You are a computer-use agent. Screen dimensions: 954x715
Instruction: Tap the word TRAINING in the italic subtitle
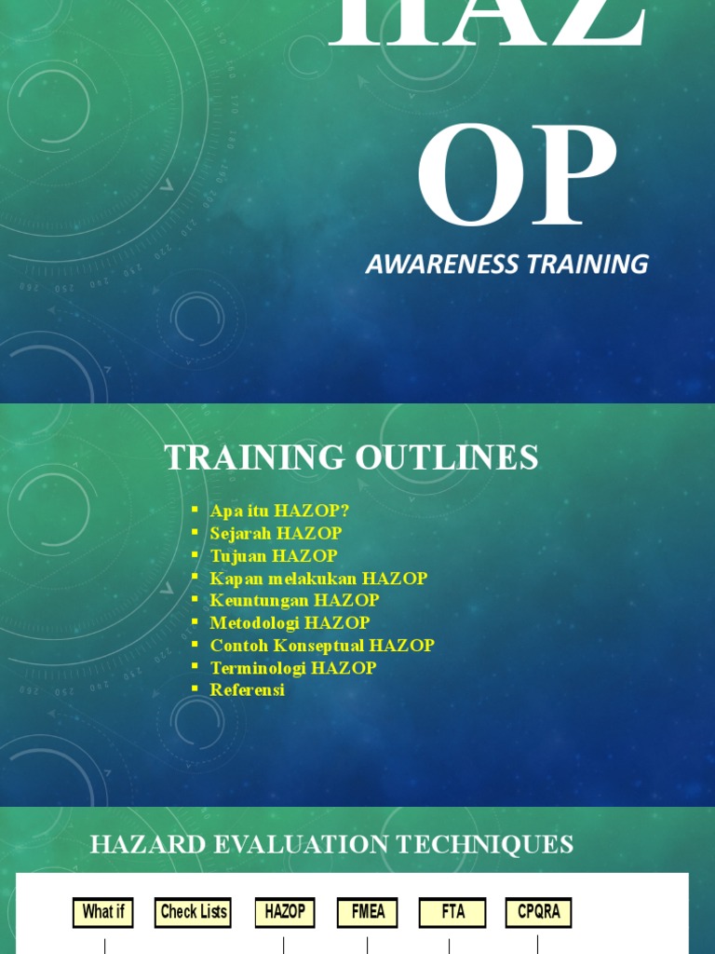tap(587, 265)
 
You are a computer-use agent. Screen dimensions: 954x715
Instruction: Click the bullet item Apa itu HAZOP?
tap(279, 511)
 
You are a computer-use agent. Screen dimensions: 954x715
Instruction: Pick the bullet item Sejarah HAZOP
tap(276, 533)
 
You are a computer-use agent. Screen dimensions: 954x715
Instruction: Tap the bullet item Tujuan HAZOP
tap(274, 555)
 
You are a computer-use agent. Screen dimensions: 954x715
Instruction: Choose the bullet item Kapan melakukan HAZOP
tap(318, 578)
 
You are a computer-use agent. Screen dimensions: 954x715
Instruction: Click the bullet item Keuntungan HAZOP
tap(294, 600)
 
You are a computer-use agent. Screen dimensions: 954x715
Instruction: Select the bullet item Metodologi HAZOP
tap(290, 622)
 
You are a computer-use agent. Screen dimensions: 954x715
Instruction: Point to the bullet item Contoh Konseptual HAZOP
tap(322, 645)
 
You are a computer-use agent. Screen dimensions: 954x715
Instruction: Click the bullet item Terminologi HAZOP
tap(293, 667)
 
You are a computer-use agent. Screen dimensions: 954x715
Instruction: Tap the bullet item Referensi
tap(247, 689)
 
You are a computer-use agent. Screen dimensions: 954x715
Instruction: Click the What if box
tap(103, 912)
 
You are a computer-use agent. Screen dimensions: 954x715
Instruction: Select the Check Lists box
tap(194, 912)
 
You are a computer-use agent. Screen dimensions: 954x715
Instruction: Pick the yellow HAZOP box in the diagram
tap(285, 912)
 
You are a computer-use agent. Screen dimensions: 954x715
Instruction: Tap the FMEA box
tap(368, 912)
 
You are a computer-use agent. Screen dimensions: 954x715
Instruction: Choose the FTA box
tap(452, 912)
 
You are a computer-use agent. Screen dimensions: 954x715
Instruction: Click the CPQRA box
tap(538, 912)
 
